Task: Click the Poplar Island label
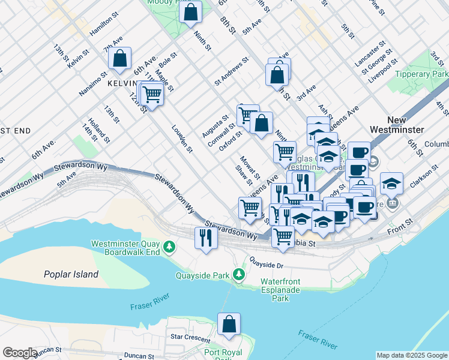[x=71, y=274]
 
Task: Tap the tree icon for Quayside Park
[x=240, y=275]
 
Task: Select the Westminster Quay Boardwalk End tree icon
[x=170, y=247]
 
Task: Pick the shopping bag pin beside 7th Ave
[x=120, y=58]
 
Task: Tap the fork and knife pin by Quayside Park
[x=206, y=238]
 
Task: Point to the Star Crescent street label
[x=190, y=337]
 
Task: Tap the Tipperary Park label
[x=423, y=74]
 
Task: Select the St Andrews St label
[x=231, y=71]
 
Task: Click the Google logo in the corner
[x=20, y=353]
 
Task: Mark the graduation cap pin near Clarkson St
[x=391, y=183]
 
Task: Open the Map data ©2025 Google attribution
[x=412, y=355]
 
